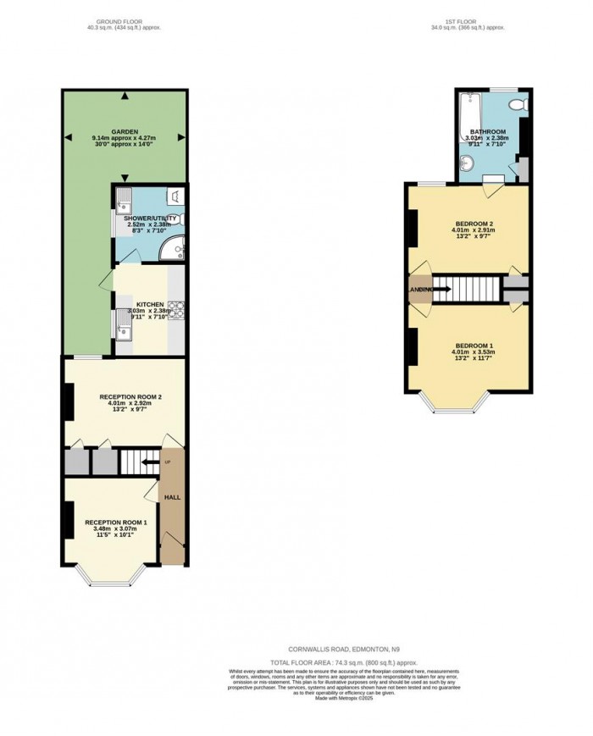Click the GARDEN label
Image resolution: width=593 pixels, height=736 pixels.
pos(125,133)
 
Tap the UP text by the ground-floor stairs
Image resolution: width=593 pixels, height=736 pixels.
pos(167,462)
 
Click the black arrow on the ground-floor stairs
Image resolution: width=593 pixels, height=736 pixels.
pos(148,462)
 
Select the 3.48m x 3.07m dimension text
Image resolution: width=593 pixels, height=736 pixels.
pos(116,529)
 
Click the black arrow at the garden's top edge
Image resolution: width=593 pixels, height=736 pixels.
pos(125,95)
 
